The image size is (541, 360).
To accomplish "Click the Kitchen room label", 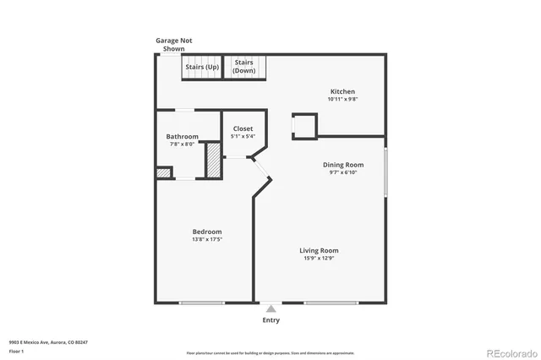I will point(342,91).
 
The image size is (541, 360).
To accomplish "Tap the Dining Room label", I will point(343,165).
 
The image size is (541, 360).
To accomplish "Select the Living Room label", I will point(319,250).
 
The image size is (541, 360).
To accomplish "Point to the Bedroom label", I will point(207,232).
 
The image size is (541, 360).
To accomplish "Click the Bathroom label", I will point(182,137).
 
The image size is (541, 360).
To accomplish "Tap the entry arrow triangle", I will point(270,309).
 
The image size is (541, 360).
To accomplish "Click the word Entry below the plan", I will point(270,320).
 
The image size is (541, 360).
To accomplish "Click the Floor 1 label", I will point(17,350).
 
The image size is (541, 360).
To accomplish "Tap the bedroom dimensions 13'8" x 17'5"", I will point(207,240).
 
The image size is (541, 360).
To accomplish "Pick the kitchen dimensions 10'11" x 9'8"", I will point(342,100).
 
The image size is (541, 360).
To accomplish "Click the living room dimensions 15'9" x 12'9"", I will point(319,259).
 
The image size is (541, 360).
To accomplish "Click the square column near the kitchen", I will point(304,125).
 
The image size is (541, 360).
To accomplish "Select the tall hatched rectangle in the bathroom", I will point(214,161).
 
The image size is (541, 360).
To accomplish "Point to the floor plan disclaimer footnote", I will point(270,352).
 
